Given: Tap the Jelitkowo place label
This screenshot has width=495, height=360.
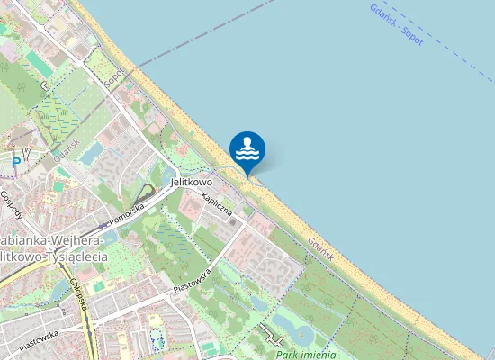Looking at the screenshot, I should pyautogui.click(x=192, y=183).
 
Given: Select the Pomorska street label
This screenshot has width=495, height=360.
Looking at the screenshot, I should pyautogui.click(x=126, y=214).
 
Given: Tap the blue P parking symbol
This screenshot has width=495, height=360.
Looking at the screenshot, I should pyautogui.click(x=15, y=163).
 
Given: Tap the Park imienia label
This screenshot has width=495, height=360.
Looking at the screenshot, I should pyautogui.click(x=299, y=355).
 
